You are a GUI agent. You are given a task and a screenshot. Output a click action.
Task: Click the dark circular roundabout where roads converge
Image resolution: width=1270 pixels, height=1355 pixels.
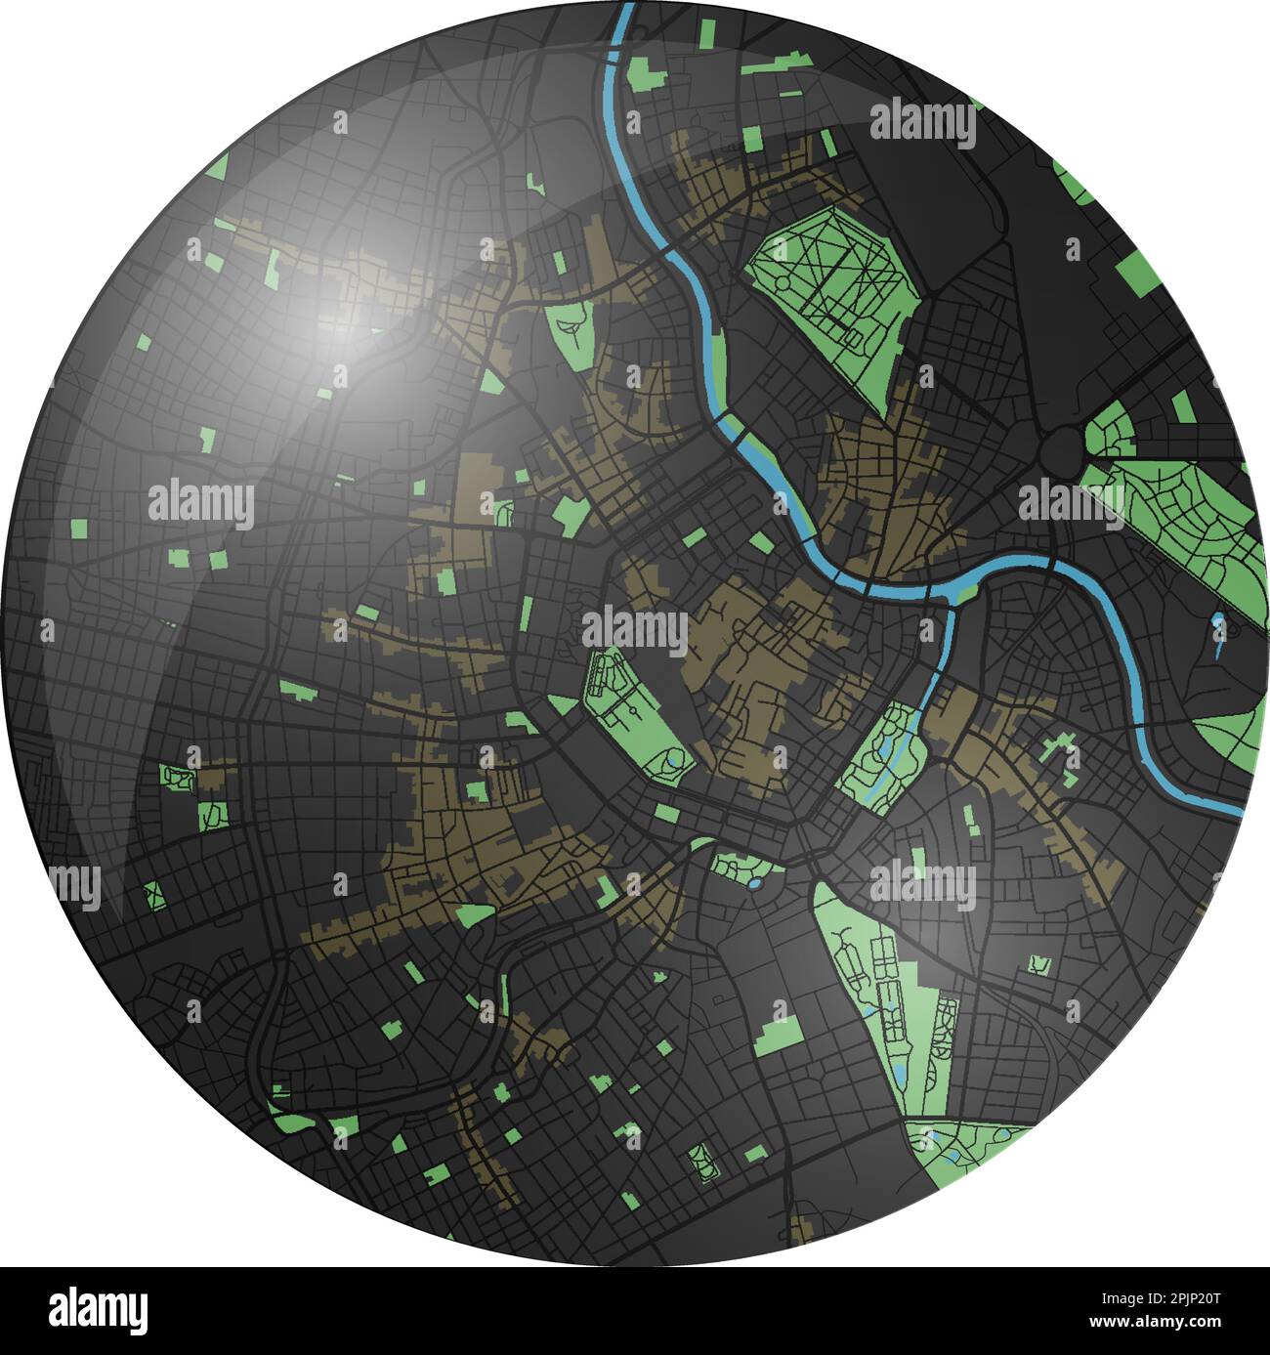point(1058,448)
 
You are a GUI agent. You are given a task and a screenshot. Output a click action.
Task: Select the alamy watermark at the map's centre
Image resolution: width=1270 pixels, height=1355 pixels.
point(635,630)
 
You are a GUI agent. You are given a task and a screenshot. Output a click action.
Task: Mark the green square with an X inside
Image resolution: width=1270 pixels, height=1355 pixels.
point(151,892)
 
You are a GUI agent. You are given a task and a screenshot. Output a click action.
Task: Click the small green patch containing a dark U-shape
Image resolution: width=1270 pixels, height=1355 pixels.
point(1037,964)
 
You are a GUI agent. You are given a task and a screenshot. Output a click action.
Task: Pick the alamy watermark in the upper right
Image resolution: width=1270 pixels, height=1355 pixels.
point(921,124)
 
